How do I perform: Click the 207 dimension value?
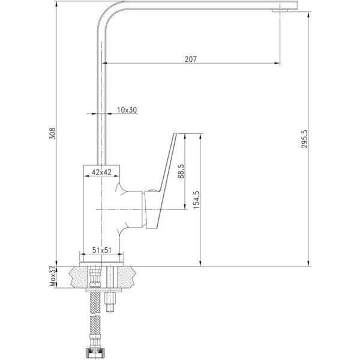click(x=191, y=59)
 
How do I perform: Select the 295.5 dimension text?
click(x=304, y=139)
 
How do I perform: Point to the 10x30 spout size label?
click(x=127, y=110)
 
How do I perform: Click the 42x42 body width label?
click(x=101, y=172)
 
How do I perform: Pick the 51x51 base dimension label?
click(x=102, y=250)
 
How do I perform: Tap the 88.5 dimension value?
click(x=181, y=171)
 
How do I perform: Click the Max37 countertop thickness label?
click(x=53, y=276)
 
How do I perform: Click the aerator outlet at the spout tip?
click(x=280, y=11)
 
